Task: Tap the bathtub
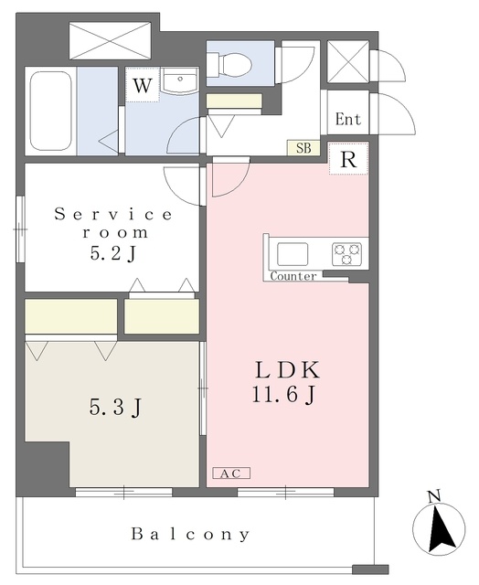(x=51, y=111)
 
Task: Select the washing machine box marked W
(x=143, y=85)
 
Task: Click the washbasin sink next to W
(x=180, y=81)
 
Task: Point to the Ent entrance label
(x=348, y=120)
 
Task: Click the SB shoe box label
(x=303, y=148)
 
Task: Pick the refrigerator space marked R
(x=349, y=158)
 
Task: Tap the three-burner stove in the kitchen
(x=347, y=254)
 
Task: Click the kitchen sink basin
(x=293, y=254)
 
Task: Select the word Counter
(x=293, y=276)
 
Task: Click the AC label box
(x=231, y=473)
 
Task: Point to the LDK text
(x=287, y=370)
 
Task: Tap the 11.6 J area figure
(x=284, y=394)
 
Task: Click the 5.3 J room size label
(x=116, y=407)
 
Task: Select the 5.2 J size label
(x=112, y=253)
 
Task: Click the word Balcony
(x=190, y=534)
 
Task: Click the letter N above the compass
(x=433, y=496)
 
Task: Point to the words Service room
(x=114, y=223)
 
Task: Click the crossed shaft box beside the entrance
(x=348, y=61)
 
